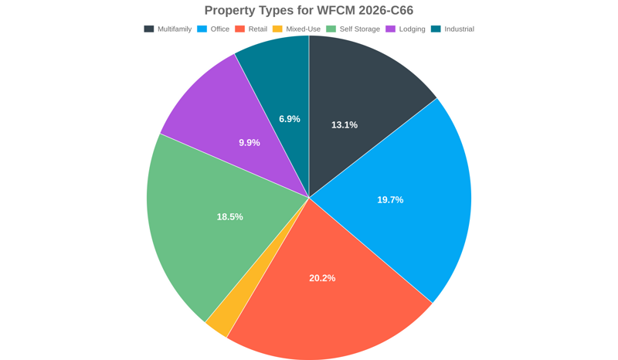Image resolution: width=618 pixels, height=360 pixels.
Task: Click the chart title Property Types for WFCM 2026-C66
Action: [309, 10]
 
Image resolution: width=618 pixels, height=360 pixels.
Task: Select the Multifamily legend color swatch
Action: [149, 29]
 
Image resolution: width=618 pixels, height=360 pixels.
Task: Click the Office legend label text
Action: [220, 29]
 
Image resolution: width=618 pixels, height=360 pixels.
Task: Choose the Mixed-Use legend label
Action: [303, 29]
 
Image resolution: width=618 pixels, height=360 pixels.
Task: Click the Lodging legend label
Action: [412, 29]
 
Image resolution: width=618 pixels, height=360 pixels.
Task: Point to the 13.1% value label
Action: [345, 125]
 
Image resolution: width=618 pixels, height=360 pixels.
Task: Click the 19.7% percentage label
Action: [390, 200]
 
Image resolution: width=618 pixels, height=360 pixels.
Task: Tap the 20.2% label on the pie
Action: [322, 278]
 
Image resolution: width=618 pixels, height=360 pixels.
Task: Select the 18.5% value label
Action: [229, 217]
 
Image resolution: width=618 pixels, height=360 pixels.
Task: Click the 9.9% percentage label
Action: [250, 143]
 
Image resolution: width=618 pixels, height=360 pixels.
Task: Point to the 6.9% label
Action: [290, 119]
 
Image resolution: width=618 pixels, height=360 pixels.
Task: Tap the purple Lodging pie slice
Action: [216, 116]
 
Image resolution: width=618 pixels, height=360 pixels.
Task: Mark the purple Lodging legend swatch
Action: [391, 29]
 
